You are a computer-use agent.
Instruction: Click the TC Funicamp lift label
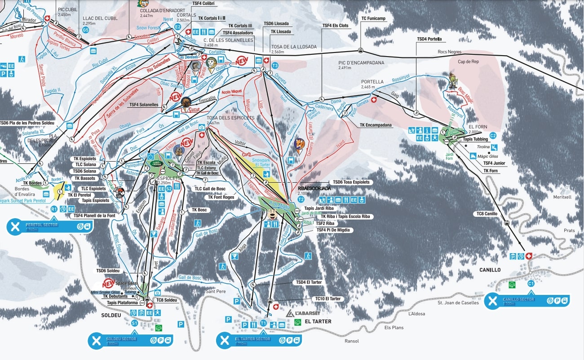[373, 18]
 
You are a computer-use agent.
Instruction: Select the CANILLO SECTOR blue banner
[527, 300]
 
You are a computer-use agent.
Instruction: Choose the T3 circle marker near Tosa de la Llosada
[275, 66]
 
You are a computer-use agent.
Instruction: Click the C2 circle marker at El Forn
[492, 135]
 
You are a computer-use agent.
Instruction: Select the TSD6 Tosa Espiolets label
[351, 182]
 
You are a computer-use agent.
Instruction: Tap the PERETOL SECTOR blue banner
[50, 226]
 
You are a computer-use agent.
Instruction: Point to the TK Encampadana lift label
[376, 125]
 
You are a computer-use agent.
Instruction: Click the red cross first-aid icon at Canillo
[529, 256]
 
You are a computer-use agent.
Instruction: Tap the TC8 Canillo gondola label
[487, 214]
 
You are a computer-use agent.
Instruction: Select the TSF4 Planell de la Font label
[94, 216]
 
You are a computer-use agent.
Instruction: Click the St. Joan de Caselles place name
[458, 303]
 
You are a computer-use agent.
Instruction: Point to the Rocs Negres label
[450, 52]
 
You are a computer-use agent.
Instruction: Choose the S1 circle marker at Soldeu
[134, 323]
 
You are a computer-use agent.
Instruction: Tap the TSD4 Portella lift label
[429, 39]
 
